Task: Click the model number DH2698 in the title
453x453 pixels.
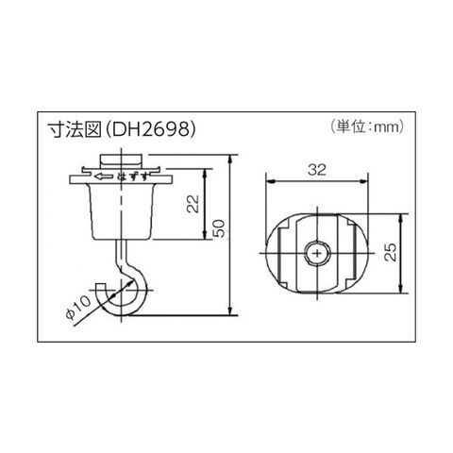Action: [x=149, y=128]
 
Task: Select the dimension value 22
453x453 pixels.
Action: [x=193, y=204]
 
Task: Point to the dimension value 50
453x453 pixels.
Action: [x=219, y=228]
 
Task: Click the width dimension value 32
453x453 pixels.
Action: [x=317, y=170]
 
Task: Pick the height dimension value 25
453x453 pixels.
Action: [x=391, y=252]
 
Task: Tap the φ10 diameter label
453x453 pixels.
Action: [x=78, y=308]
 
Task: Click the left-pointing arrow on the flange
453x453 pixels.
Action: [x=104, y=176]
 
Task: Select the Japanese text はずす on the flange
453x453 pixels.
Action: [x=132, y=176]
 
